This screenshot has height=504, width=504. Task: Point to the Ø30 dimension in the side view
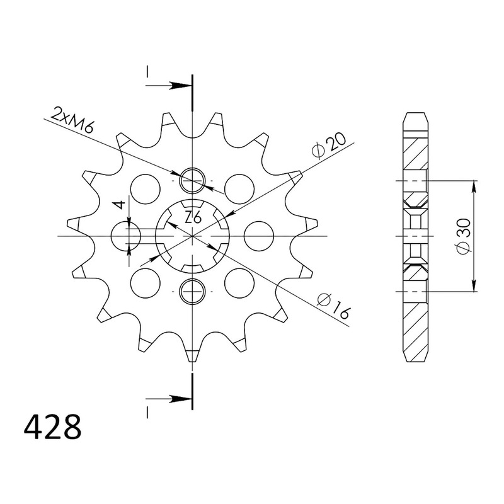point(463,236)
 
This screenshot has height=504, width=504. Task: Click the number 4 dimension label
point(120,204)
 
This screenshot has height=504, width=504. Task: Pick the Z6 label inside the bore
point(193,219)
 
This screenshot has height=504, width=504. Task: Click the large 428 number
point(53,428)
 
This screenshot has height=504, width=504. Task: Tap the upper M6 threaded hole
point(192,180)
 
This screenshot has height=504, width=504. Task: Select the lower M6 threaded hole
point(192,291)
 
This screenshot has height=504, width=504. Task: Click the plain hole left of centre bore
point(125,236)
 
